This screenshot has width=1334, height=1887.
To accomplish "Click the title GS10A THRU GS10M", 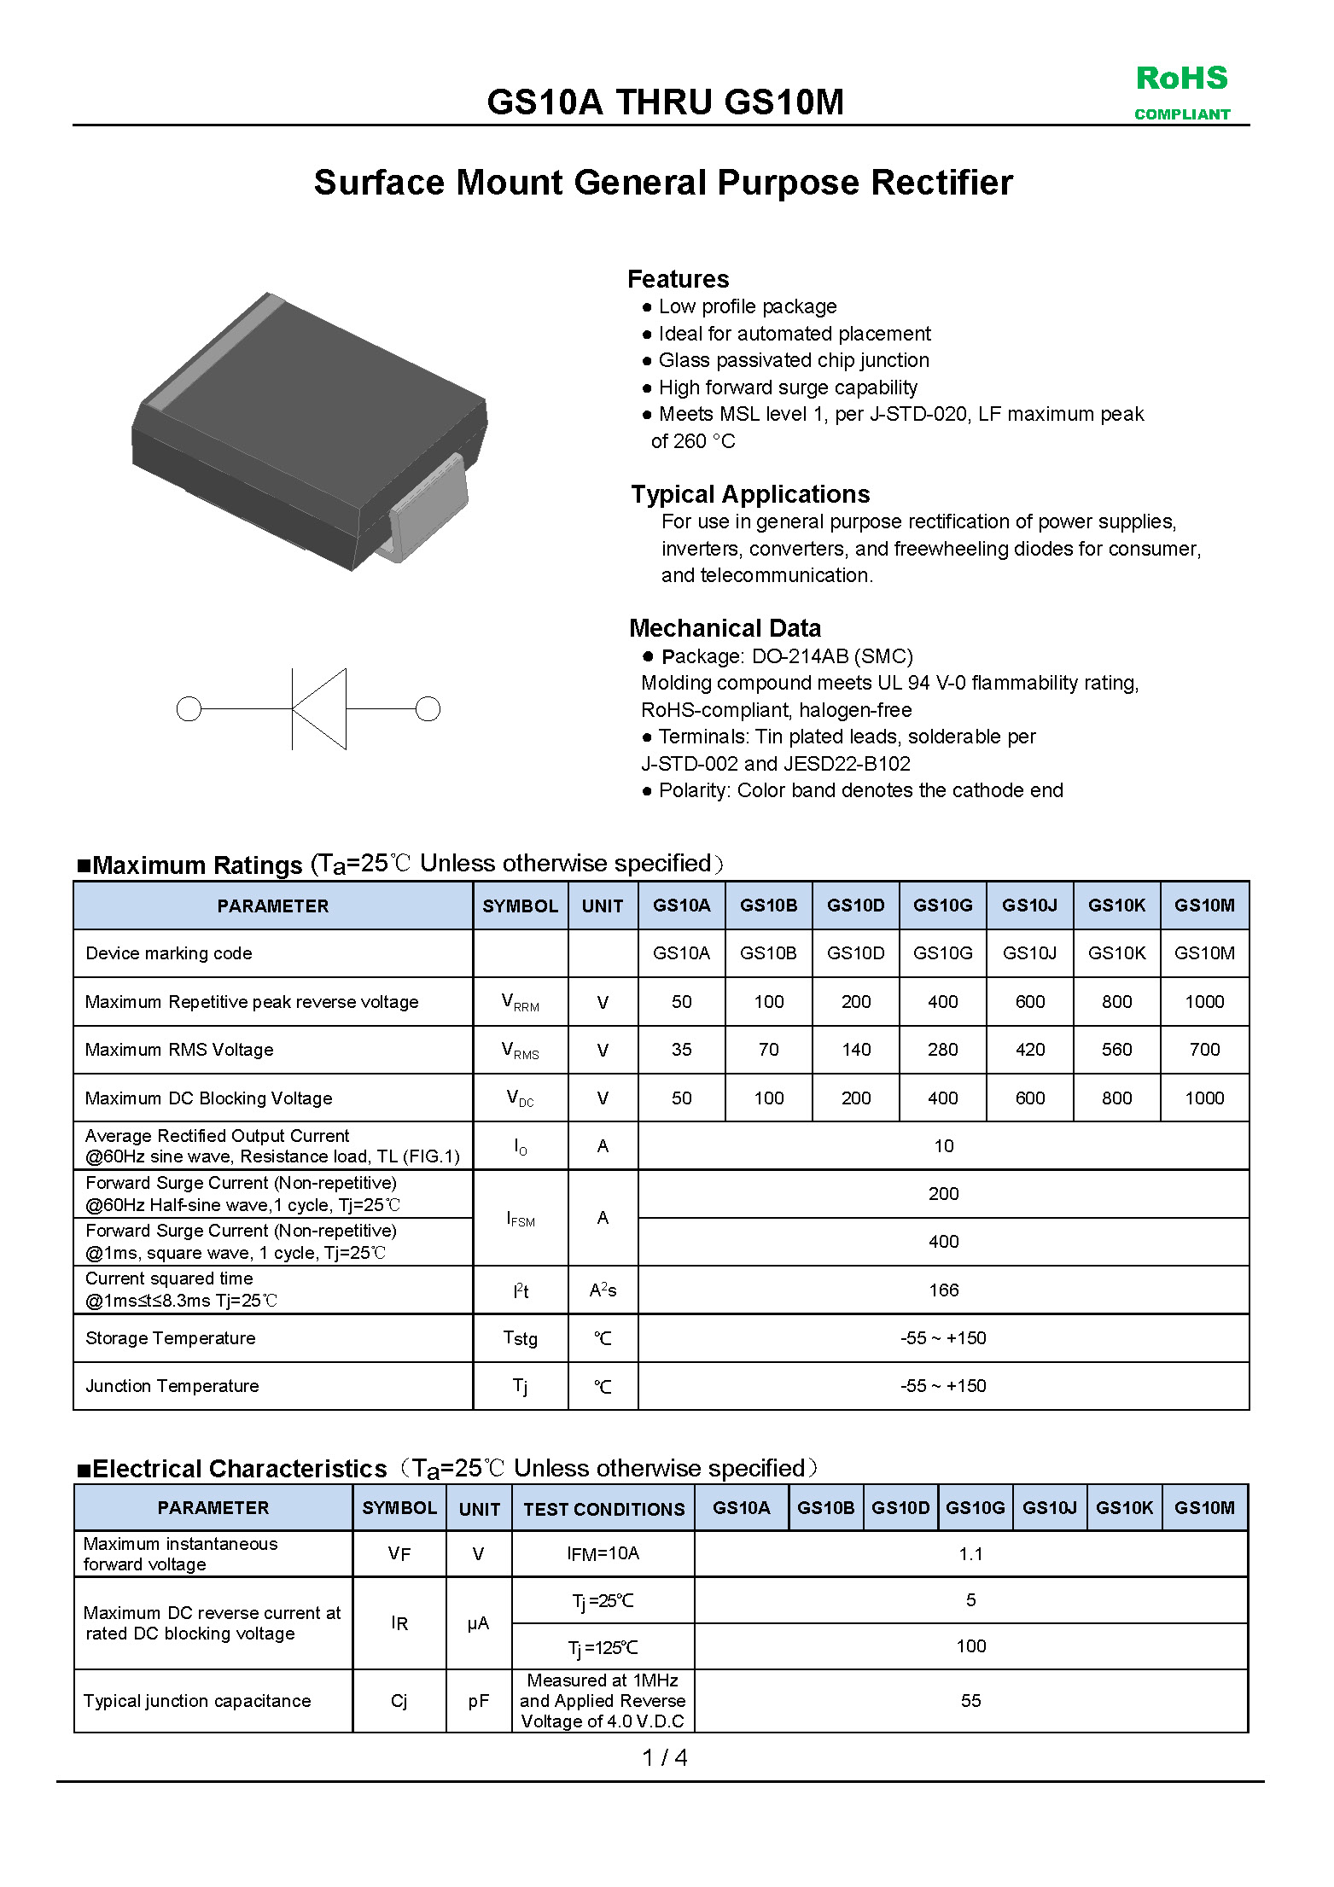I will [665, 102].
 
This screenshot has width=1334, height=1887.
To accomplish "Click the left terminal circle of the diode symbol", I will [189, 708].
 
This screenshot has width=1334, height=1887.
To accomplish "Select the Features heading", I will [678, 279].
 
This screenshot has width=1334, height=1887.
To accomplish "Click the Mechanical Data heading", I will [725, 628].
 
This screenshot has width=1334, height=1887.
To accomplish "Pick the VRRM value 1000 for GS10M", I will [1203, 1001].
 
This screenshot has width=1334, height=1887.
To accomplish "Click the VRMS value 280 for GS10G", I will [942, 1049].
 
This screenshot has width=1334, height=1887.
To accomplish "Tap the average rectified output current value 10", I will [943, 1145].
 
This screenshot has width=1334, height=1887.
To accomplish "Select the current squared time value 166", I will [943, 1290].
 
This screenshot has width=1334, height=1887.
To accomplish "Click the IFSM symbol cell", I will [520, 1218].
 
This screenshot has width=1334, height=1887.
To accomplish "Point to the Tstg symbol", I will [520, 1337].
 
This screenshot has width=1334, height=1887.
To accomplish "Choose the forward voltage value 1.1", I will [970, 1553].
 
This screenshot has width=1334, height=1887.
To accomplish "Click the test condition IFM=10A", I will [603, 1553].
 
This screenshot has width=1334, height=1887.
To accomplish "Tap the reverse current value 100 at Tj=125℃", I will [970, 1645].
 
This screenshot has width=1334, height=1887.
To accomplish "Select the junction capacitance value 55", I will [970, 1700].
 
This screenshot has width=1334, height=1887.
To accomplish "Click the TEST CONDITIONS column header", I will [603, 1508].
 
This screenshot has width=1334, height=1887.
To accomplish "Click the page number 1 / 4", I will [664, 1757].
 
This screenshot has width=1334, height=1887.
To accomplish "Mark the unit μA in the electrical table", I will [478, 1623].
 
